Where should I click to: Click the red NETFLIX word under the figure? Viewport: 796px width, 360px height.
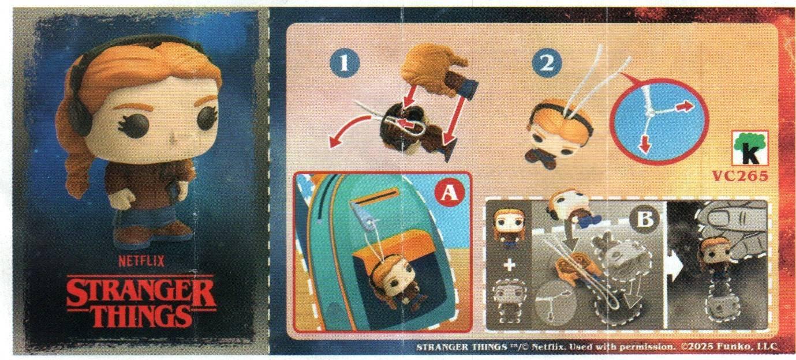(x=141, y=262)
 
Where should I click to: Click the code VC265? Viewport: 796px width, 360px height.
(x=740, y=176)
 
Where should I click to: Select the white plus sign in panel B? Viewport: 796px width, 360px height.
(x=510, y=265)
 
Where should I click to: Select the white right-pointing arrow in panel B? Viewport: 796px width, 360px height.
(x=675, y=265)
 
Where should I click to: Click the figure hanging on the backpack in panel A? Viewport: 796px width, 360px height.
(x=394, y=284)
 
